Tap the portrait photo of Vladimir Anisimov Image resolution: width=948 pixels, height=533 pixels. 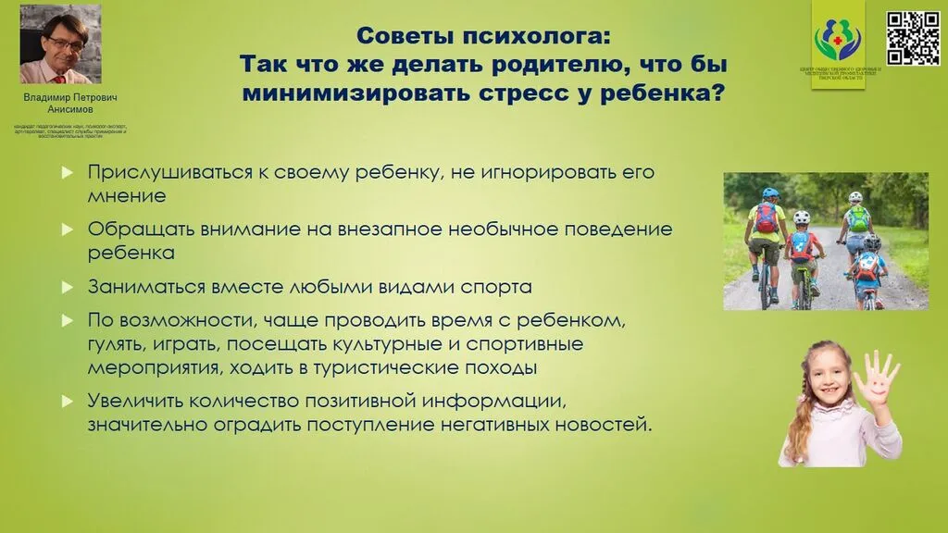[x=61, y=44]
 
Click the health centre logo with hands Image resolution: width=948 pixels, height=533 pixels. [x=837, y=37]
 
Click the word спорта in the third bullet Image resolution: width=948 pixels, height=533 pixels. [x=500, y=287]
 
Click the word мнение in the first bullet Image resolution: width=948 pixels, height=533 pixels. [x=127, y=196]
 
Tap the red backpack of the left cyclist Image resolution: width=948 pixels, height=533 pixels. [x=767, y=218]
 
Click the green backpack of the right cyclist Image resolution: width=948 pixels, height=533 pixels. [x=859, y=219]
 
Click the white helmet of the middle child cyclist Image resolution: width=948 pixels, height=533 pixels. [x=802, y=218]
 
